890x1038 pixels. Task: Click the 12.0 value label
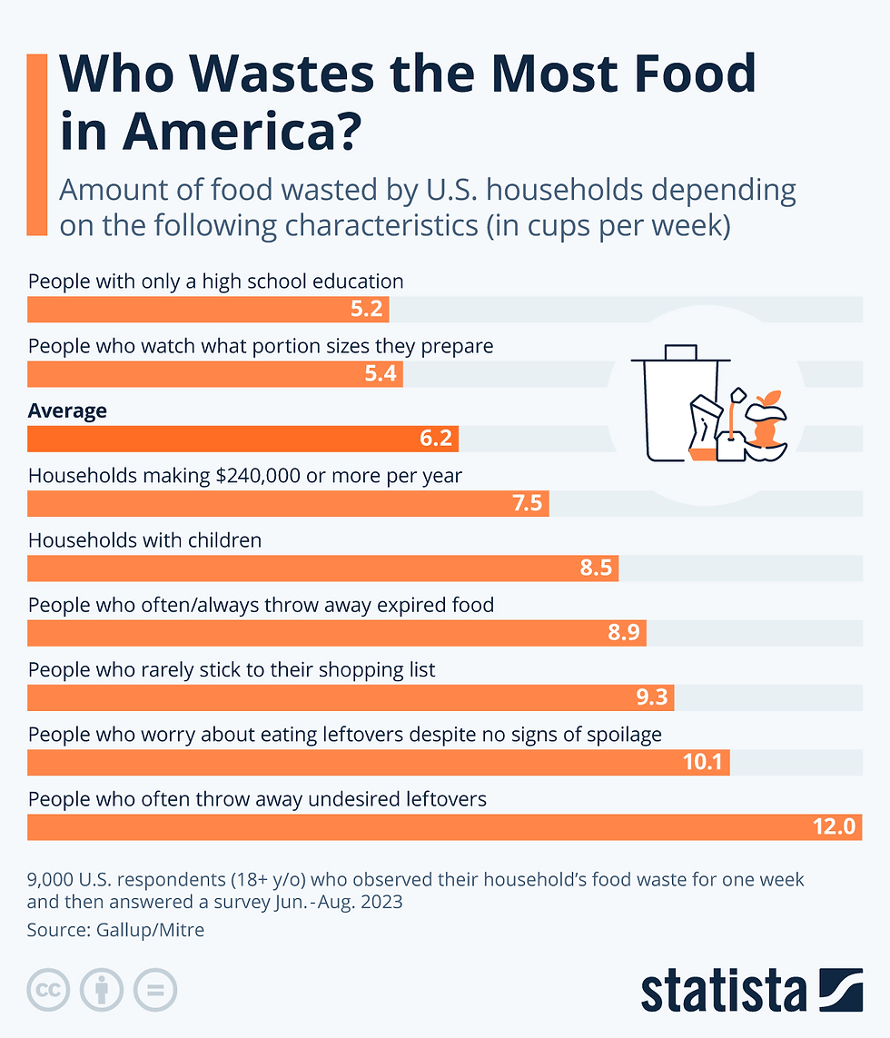pyautogui.click(x=835, y=827)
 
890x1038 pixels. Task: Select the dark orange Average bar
pyautogui.click(x=242, y=439)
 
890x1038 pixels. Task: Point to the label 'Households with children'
pyautogui.click(x=144, y=540)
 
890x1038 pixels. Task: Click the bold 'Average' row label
pyautogui.click(x=67, y=410)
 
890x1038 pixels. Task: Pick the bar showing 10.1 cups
pyautogui.click(x=379, y=762)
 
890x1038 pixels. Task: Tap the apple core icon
pyautogui.click(x=765, y=423)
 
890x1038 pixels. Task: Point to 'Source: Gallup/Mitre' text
pyautogui.click(x=115, y=930)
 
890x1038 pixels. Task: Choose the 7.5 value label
pyautogui.click(x=527, y=503)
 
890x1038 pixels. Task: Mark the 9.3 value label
pyautogui.click(x=652, y=697)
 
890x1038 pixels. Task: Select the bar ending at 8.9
pyautogui.click(x=337, y=633)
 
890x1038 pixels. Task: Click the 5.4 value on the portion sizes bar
pyautogui.click(x=381, y=374)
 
